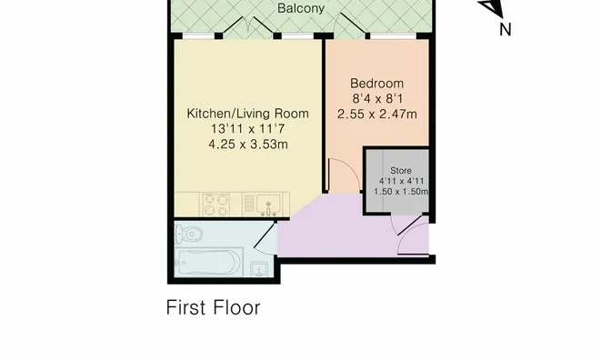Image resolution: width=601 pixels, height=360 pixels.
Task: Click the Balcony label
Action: tap(301, 8)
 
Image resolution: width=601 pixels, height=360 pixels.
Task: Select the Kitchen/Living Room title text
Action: tap(247, 114)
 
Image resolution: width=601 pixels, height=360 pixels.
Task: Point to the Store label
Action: tap(401, 171)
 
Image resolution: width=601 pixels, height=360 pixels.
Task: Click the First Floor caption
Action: tap(213, 307)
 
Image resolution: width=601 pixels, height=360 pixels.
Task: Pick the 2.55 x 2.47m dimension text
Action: tap(377, 115)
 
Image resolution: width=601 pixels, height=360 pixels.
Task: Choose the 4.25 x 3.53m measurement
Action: tap(248, 145)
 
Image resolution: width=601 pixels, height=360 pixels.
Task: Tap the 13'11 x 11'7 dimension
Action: tap(247, 129)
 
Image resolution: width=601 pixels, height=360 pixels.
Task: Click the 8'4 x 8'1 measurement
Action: tap(377, 99)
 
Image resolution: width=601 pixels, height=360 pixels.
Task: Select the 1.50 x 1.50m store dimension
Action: tap(401, 191)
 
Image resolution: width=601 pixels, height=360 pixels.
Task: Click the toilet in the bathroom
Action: tap(188, 234)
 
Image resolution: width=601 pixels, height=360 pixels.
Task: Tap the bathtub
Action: tap(208, 262)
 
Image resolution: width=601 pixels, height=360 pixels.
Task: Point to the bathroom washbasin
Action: tap(260, 269)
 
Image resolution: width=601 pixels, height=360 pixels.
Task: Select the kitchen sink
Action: tap(265, 204)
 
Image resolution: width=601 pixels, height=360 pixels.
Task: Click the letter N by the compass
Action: tap(506, 29)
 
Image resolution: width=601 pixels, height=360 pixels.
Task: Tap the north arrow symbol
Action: tap(491, 8)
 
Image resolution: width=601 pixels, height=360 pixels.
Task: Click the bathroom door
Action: tap(265, 235)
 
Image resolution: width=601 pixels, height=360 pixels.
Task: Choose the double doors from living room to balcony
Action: tap(248, 27)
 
